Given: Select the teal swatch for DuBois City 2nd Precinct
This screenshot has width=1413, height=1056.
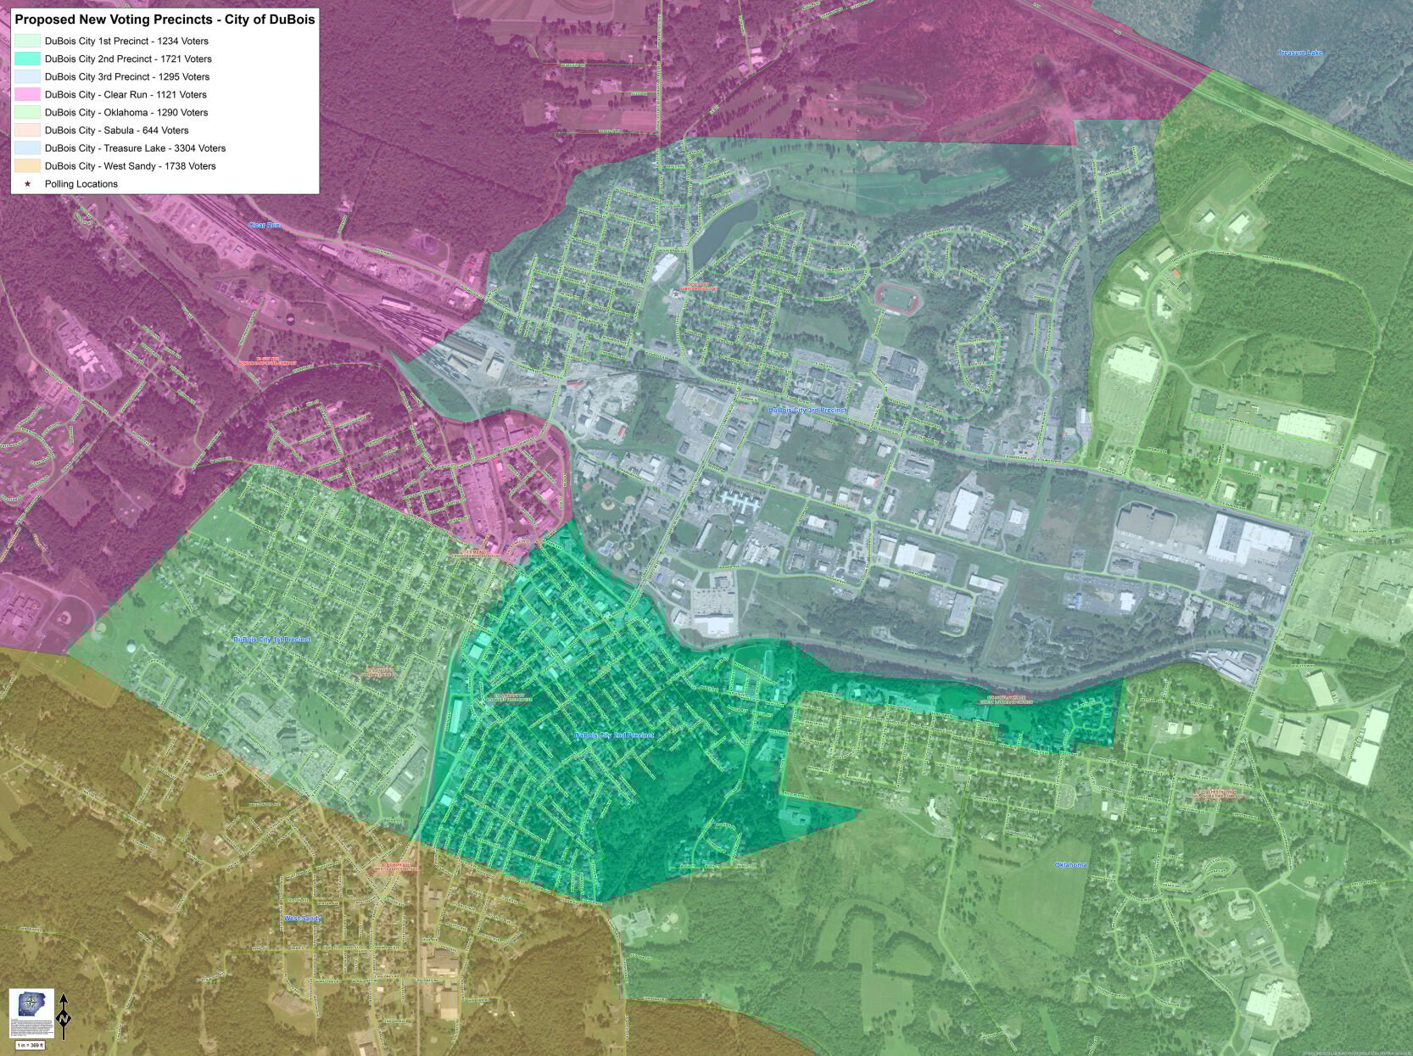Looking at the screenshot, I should (27, 59).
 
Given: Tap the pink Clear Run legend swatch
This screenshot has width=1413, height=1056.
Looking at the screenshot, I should (27, 94).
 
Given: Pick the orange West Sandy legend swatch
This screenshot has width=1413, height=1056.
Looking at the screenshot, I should (27, 165).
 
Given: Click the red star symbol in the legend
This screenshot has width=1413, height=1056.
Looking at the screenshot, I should (27, 184).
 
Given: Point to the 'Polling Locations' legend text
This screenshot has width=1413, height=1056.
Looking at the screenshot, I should (81, 184).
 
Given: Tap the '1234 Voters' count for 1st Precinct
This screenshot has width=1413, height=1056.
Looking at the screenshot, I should (182, 41).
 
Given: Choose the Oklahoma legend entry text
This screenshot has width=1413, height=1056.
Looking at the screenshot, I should (126, 113).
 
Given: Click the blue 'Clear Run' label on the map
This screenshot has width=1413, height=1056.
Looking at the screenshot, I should (264, 225).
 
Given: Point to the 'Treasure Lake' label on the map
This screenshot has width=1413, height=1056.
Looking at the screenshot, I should (1300, 53).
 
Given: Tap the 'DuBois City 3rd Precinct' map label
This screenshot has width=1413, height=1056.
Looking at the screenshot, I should (807, 410).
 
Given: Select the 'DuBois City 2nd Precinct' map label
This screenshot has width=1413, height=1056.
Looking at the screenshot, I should (614, 735).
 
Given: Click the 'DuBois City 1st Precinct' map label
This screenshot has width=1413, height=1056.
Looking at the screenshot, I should (271, 639).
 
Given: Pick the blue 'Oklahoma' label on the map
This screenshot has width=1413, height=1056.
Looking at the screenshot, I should (1070, 864).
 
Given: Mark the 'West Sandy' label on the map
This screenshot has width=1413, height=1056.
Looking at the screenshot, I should (303, 919).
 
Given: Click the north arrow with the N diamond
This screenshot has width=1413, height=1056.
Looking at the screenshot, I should (64, 1014).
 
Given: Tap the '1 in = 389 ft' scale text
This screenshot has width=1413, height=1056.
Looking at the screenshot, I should (31, 1045).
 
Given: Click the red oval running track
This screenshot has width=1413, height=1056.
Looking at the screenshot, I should (897, 298).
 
